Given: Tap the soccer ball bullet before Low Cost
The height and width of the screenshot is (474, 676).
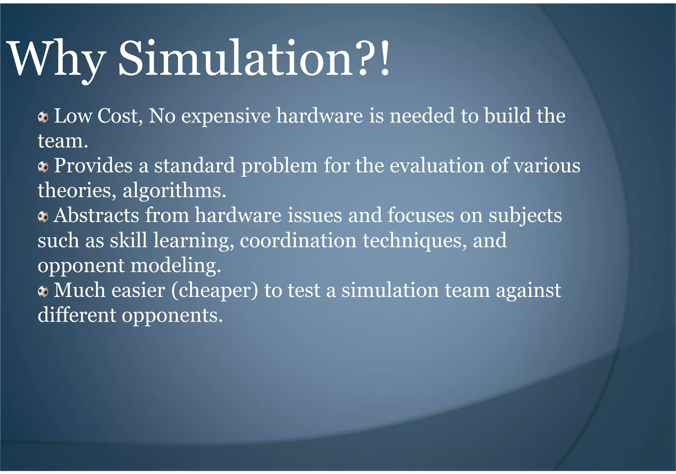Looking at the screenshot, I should coord(43,117).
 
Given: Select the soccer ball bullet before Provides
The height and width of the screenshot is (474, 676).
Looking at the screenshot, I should coord(43,167).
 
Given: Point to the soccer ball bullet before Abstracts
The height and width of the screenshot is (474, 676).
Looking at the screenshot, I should coord(43,217).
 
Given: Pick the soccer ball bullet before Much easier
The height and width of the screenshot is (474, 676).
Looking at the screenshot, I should coord(43,292).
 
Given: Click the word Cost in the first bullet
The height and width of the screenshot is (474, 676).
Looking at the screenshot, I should coord(119,116).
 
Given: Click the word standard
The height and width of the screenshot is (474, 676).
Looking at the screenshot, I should coord(194,166).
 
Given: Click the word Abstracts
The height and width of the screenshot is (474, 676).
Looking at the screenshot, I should coord(96,215).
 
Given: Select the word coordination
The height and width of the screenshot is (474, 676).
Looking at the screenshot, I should coord(298,240).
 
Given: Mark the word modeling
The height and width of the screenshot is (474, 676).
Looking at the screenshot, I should coord(176,266).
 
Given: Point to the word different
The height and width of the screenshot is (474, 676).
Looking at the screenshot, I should coord(77,315).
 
